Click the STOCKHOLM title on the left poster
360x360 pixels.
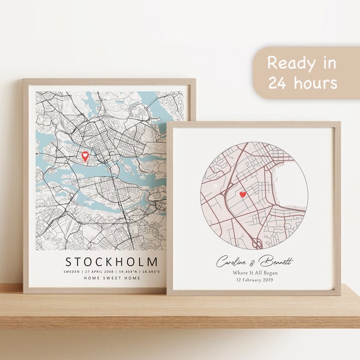112,262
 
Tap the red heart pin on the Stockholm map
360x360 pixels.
85,156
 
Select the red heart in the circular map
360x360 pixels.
242,194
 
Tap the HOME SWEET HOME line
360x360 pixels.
112,278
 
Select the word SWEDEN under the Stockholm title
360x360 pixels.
73,272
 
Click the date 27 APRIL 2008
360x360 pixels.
98,272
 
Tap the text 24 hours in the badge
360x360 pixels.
303,83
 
